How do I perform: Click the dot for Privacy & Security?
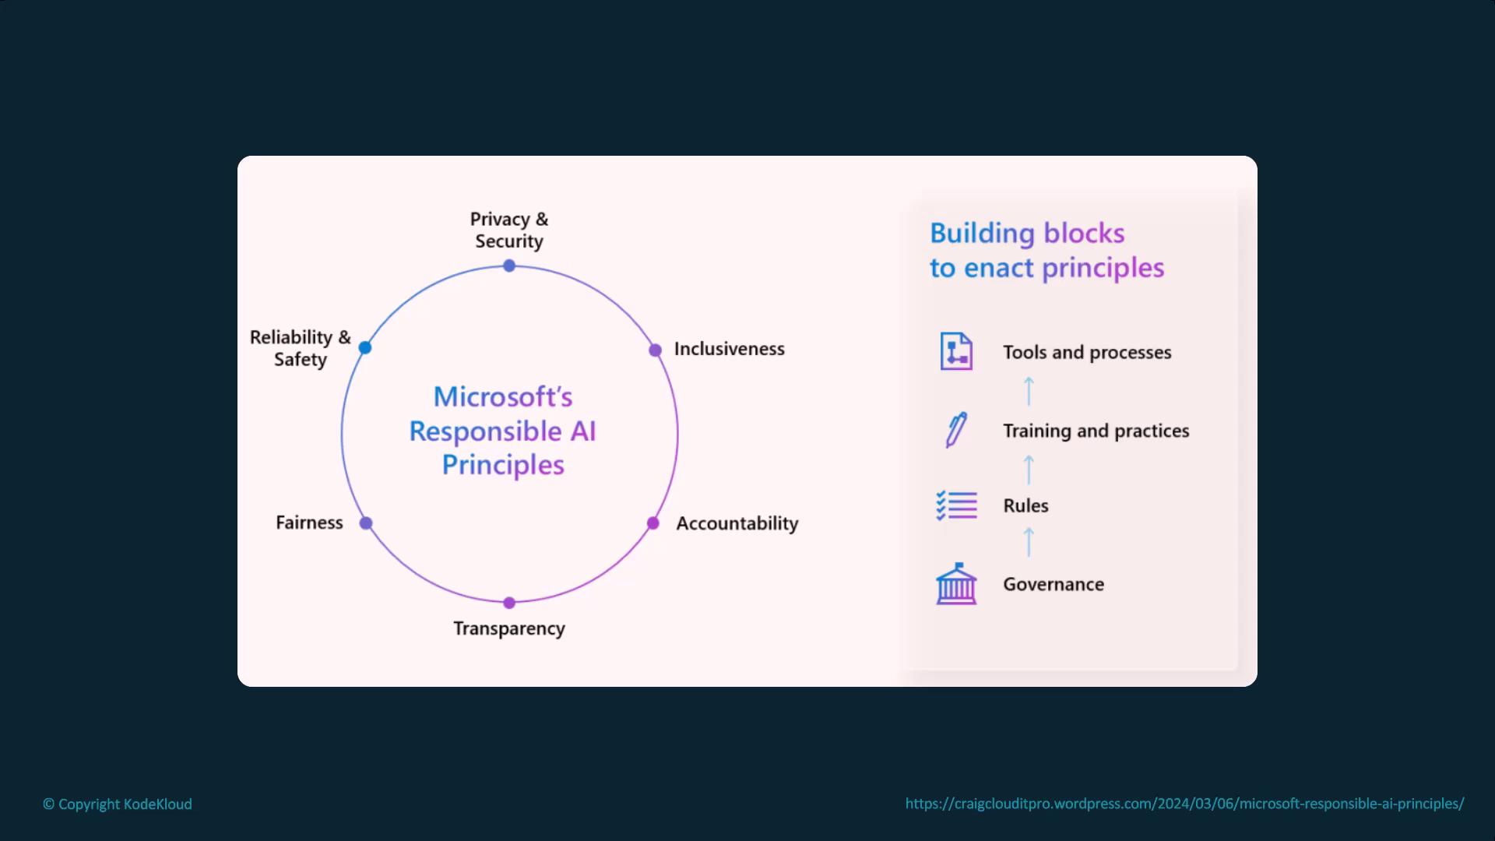pos(509,266)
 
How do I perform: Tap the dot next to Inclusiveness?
pos(656,350)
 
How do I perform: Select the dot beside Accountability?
pos(653,523)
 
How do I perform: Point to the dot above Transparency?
pos(509,603)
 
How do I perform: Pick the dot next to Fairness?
pos(366,523)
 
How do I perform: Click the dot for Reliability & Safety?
pos(365,347)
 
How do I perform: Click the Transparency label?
pos(509,628)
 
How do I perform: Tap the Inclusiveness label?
pos(729,349)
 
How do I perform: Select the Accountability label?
pos(737,523)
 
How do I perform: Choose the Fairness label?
pos(309,523)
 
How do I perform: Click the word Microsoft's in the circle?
pos(503,397)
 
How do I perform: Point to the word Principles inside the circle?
pos(503,465)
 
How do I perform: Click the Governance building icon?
pos(956,584)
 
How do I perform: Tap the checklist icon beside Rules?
pos(956,505)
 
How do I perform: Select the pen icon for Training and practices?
pos(956,430)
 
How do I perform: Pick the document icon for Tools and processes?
pos(956,351)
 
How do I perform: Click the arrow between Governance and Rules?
pos(1029,542)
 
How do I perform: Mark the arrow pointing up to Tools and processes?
pos(1029,391)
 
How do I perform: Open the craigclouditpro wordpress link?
pos(1184,804)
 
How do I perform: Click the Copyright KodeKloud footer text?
pos(118,804)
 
